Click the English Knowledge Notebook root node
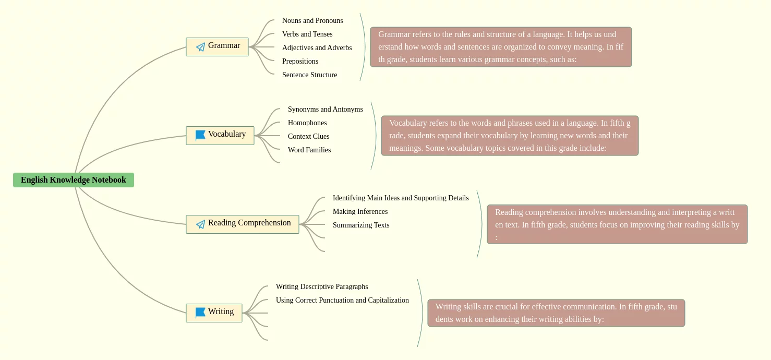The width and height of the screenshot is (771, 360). tap(74, 180)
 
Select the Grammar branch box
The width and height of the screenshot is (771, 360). tap(217, 47)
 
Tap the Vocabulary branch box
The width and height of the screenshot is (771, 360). tap(220, 136)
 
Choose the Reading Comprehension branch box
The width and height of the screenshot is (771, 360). tap(243, 224)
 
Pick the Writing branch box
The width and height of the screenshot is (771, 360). tap(214, 313)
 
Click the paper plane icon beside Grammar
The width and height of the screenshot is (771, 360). tap(200, 47)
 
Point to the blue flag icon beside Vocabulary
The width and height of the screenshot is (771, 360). tap(200, 135)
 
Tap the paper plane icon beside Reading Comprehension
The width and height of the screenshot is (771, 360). tap(200, 224)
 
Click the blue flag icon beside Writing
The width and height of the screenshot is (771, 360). tap(200, 313)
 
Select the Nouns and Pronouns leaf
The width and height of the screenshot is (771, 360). tap(312, 21)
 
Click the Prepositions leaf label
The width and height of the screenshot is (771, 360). tap(300, 61)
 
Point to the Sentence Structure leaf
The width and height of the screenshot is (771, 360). tap(309, 75)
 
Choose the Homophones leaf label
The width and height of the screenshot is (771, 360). tap(307, 123)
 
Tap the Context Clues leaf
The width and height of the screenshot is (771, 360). tap(308, 136)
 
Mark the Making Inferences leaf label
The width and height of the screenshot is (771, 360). tap(360, 212)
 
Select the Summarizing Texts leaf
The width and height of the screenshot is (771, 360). tap(361, 225)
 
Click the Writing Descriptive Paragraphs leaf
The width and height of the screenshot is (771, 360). tap(322, 286)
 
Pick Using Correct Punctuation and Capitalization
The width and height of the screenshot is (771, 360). tap(342, 300)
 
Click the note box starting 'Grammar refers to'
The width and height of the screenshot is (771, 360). tap(501, 47)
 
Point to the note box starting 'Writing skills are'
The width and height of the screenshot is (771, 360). tap(556, 313)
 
